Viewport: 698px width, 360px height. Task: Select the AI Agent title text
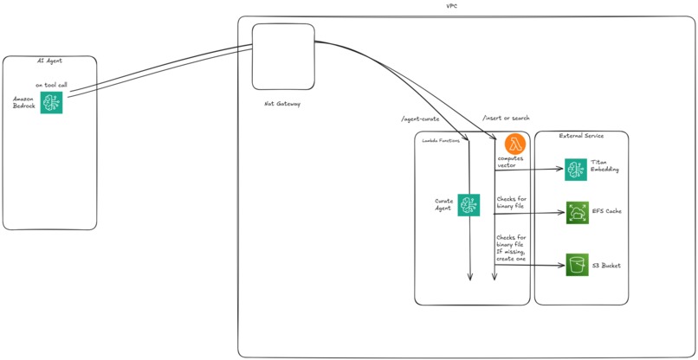point(49,61)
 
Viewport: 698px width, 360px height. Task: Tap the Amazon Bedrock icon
point(51,102)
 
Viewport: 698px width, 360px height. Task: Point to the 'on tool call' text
point(51,85)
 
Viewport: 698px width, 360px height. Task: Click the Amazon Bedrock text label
point(23,102)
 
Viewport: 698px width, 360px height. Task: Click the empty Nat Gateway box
point(282,55)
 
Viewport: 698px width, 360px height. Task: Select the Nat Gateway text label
point(281,104)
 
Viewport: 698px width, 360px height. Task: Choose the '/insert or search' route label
point(506,118)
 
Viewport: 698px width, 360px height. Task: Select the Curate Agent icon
point(469,205)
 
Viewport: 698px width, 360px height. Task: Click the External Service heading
point(581,137)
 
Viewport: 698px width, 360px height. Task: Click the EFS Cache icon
point(577,212)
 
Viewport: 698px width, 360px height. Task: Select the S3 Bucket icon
point(577,265)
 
